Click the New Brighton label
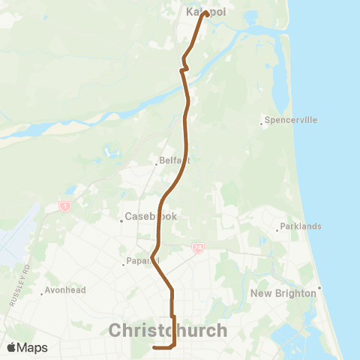tap(283, 293)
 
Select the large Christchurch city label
tap(168, 330)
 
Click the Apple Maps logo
tap(27, 347)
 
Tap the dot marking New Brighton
tap(319, 287)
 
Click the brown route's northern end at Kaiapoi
tap(205, 12)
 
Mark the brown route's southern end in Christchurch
tap(154, 347)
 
